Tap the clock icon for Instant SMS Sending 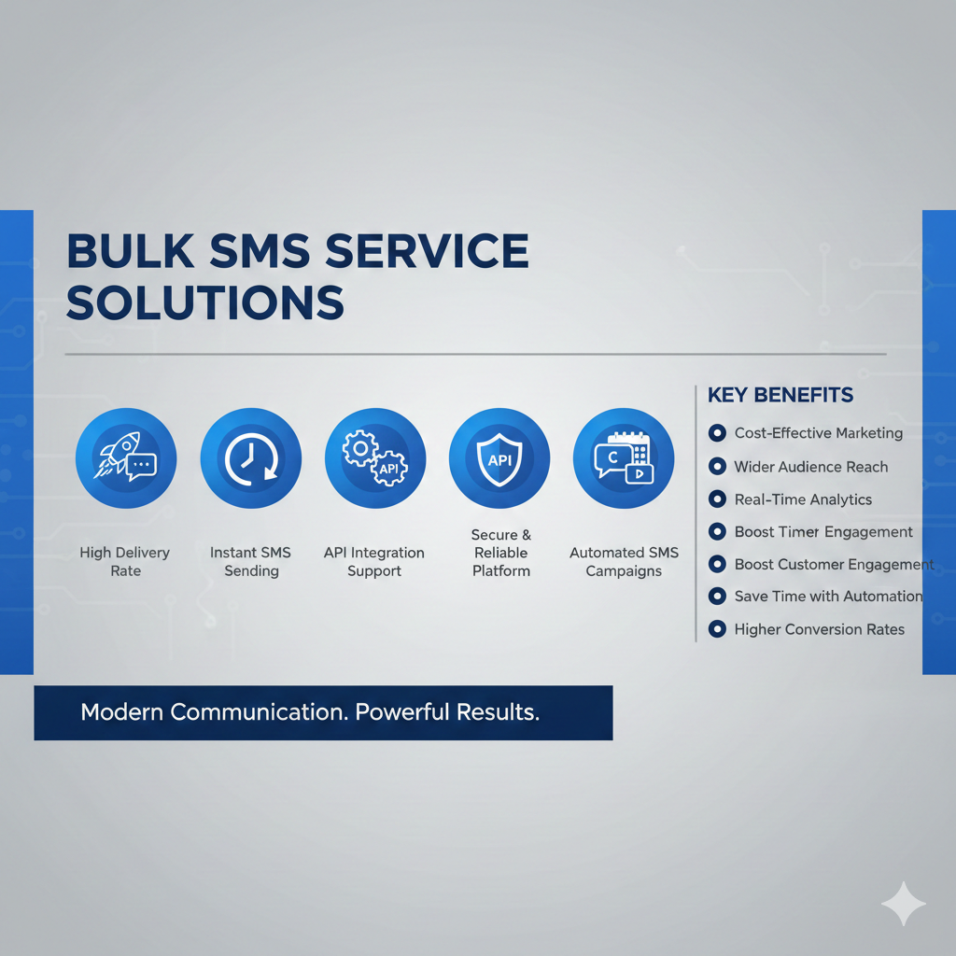250,457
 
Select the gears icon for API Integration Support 375,457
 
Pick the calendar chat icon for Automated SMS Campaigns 624,457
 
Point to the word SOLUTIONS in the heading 205,302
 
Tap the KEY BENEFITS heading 780,395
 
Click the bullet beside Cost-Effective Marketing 717,433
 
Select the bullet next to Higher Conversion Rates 717,628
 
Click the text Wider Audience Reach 811,467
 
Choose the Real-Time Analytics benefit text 803,500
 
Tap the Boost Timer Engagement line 823,532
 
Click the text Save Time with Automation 829,597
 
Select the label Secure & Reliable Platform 501,553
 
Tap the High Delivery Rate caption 125,561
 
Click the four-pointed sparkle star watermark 904,904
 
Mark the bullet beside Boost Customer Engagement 717,564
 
